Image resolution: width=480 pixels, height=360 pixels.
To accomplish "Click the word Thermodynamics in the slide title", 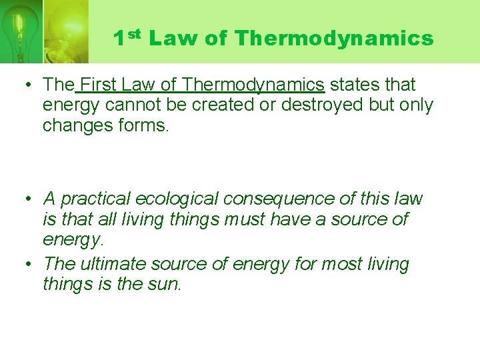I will point(334,39).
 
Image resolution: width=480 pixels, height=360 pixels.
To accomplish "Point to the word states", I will point(353,85).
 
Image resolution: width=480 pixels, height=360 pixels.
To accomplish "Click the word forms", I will point(143,125).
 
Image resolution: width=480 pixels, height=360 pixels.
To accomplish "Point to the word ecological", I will point(177,199).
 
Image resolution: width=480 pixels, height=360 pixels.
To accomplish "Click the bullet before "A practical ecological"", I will point(27,199).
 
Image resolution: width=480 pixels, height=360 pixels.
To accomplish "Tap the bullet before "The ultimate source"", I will point(27,264).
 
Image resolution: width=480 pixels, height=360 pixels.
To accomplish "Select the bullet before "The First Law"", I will point(27,85).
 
